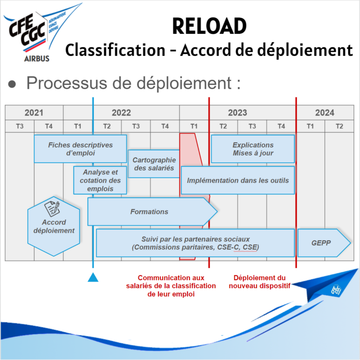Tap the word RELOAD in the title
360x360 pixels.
point(209,26)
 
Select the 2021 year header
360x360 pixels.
point(34,113)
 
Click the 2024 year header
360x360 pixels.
point(324,113)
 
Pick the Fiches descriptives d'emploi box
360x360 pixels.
point(80,149)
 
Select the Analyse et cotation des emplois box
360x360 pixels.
point(100,180)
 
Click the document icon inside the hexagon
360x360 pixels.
point(52,208)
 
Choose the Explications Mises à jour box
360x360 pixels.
point(253,149)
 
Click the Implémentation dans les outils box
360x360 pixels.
point(238,180)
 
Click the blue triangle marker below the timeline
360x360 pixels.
point(93,277)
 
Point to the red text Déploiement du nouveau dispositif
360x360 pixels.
point(259,282)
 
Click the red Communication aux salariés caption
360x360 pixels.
point(171,286)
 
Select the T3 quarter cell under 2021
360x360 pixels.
point(19,126)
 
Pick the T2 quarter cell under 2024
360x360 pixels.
point(339,126)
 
